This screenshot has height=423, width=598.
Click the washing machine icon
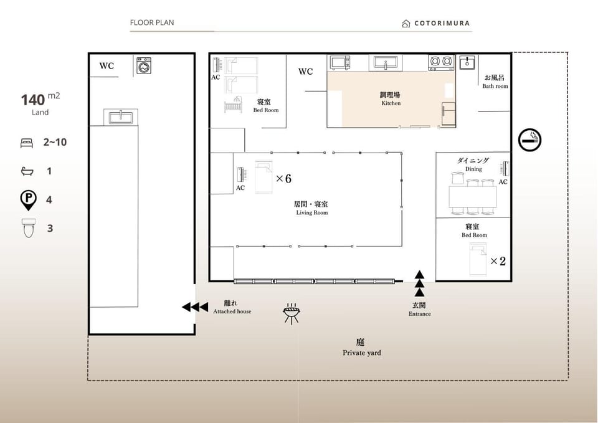click(144, 65)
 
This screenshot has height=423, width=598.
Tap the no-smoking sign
click(529, 140)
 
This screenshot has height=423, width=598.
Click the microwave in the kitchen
click(340, 62)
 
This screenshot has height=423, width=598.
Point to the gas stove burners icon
click(441, 62)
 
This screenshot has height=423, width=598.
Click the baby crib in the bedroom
click(233, 105)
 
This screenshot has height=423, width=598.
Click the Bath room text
click(495, 86)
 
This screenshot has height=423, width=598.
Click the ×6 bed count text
click(283, 179)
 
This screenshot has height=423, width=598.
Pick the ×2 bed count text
click(498, 261)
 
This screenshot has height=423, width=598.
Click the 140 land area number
click(33, 100)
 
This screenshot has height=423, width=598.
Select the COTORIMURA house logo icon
click(406, 24)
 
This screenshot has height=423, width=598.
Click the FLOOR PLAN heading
click(152, 22)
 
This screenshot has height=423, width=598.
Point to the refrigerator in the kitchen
click(448, 113)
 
